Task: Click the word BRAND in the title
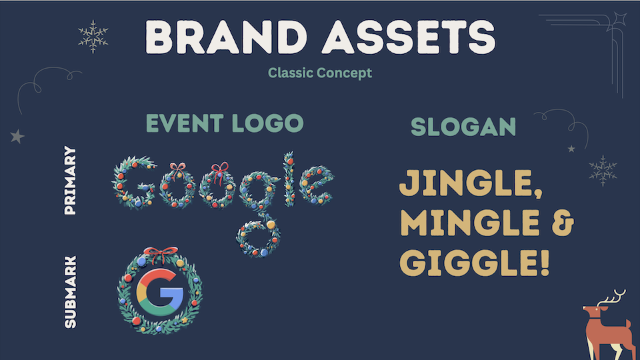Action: point(226,37)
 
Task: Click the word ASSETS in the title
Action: point(409,37)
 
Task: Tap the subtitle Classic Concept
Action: point(319,73)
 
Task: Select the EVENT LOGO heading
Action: point(225,123)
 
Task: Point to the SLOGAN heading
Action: point(463,127)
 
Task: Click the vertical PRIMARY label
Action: point(70,181)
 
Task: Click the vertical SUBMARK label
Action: point(70,292)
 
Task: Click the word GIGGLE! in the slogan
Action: point(475,263)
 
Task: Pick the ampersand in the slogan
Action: point(563,223)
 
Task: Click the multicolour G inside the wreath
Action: point(159,292)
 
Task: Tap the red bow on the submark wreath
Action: point(161,254)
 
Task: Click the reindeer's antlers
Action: point(611,297)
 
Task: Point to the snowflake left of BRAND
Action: point(93,37)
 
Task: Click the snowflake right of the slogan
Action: point(603,171)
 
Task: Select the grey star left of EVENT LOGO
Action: point(17,136)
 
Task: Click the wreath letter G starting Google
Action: point(133,182)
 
